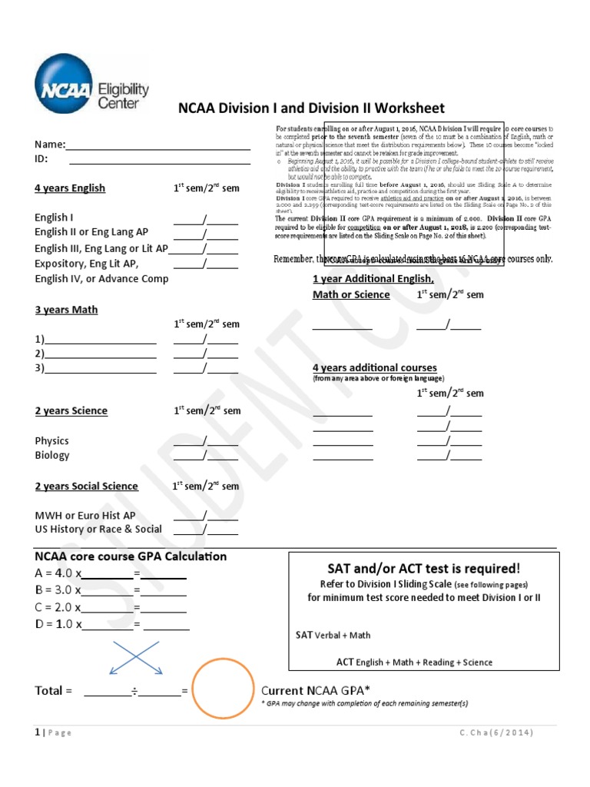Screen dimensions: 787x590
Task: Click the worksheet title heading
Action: click(x=311, y=108)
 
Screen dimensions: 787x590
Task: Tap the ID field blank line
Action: click(x=159, y=160)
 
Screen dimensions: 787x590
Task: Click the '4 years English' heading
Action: click(x=70, y=188)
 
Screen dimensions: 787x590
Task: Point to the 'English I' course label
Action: click(x=54, y=218)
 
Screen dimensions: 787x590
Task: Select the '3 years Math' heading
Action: click(x=66, y=310)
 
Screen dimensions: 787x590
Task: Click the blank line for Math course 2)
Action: click(x=99, y=354)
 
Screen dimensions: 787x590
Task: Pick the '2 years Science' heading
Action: click(x=71, y=411)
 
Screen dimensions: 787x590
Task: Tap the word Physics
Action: click(x=51, y=441)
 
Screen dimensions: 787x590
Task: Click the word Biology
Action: click(x=51, y=456)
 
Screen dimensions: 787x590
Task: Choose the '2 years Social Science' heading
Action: click(x=86, y=486)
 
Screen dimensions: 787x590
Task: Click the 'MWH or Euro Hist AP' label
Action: click(x=85, y=515)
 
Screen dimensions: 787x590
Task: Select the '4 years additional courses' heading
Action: click(x=374, y=368)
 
